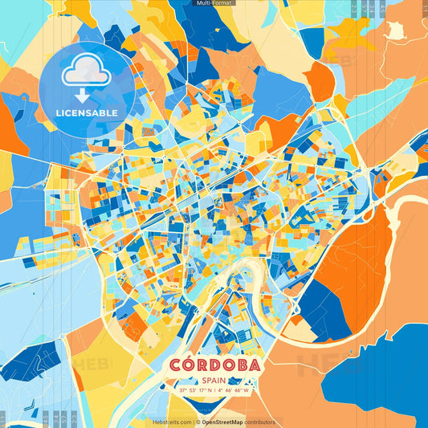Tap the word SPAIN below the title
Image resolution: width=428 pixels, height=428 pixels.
click(214, 381)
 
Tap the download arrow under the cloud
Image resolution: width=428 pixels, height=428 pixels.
click(83, 94)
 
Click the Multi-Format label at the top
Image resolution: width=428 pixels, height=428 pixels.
click(214, 3)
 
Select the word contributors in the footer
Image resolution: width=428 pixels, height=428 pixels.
click(260, 422)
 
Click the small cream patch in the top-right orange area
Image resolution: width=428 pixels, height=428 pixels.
click(394, 31)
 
